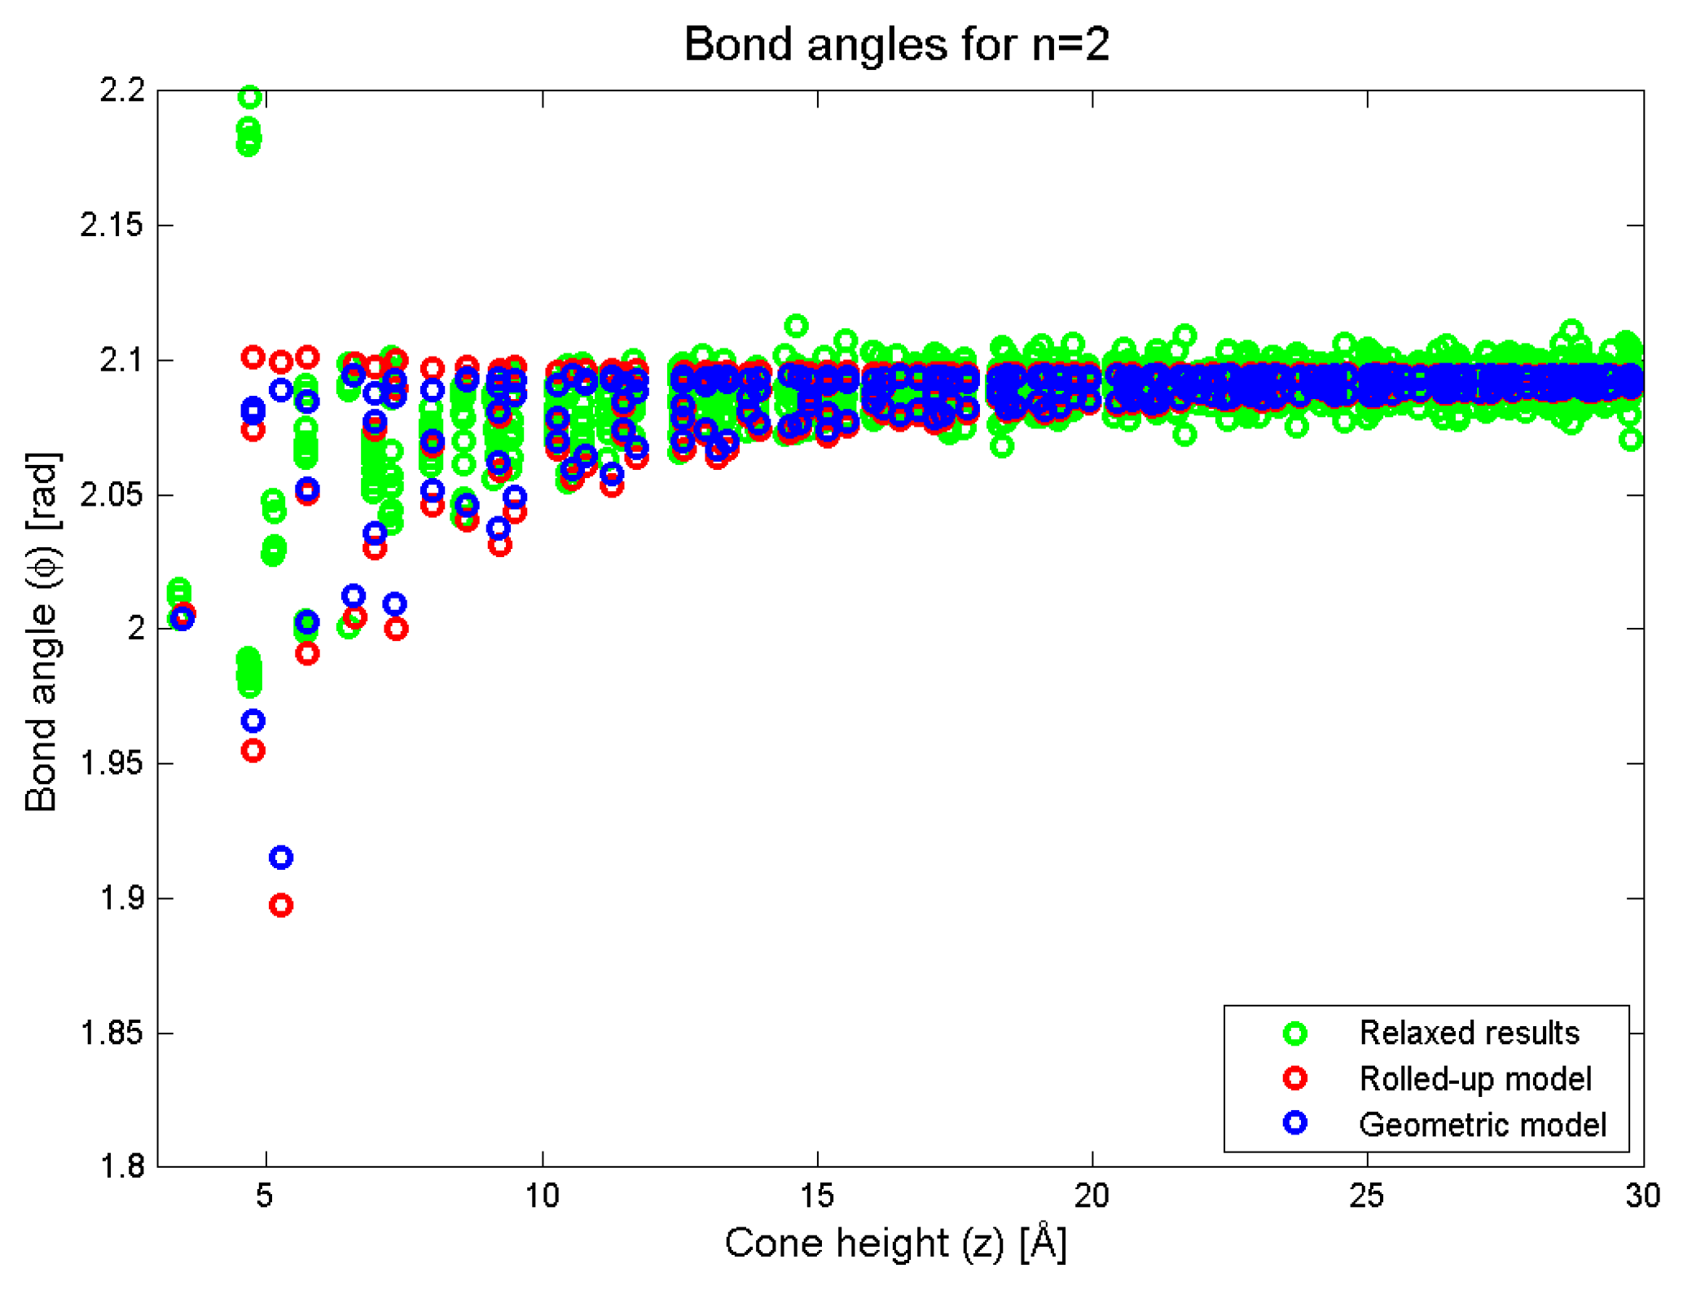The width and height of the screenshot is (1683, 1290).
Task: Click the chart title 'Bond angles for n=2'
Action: point(896,44)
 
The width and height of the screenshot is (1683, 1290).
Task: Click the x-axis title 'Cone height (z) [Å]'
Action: point(896,1244)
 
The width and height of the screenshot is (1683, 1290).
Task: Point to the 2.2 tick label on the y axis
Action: point(122,90)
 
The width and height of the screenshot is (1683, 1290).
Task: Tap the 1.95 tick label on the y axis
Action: point(112,764)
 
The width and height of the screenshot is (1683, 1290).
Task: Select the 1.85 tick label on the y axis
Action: point(112,1033)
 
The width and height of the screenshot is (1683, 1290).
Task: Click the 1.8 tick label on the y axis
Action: point(122,1167)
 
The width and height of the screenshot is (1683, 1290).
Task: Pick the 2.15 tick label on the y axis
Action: point(112,225)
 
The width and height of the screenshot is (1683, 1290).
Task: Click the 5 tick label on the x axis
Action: point(265,1196)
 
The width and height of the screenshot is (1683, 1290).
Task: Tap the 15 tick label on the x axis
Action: point(816,1196)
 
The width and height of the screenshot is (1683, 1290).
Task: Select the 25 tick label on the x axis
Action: point(1366,1196)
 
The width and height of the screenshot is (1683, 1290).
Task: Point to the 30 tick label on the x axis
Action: point(1641,1196)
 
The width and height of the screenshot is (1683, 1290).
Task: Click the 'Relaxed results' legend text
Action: point(1469,1033)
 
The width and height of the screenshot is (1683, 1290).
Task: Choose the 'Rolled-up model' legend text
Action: point(1474,1079)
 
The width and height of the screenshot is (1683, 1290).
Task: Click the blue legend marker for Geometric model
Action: point(1294,1124)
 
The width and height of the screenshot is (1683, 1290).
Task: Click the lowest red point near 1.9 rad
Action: point(281,906)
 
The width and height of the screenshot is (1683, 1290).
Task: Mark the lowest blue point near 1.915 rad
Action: point(281,858)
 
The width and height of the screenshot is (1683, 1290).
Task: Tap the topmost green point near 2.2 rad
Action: point(249,98)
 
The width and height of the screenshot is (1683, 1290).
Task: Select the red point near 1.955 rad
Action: point(253,751)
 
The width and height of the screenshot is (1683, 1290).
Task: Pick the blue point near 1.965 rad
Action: point(253,721)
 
